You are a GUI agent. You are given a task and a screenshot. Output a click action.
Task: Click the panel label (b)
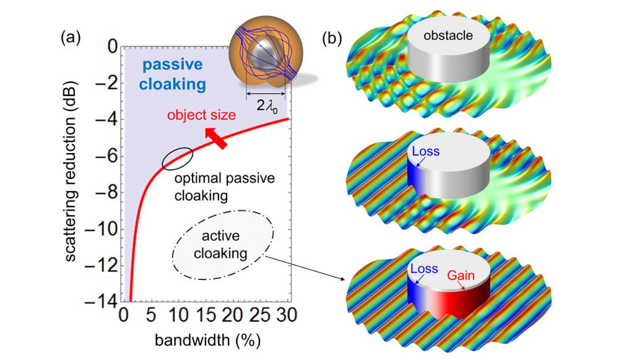[x=333, y=38]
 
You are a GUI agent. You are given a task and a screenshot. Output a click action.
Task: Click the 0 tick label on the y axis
[x=112, y=46]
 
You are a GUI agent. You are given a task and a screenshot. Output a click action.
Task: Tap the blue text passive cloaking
[x=164, y=74]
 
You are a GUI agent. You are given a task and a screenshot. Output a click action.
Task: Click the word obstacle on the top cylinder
[x=448, y=35]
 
